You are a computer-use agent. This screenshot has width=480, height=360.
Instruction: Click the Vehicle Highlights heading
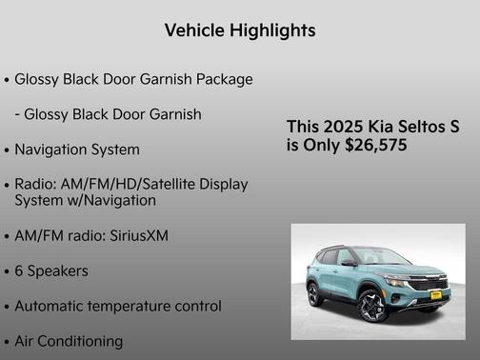click(239, 30)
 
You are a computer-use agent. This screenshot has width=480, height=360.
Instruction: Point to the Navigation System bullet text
click(77, 150)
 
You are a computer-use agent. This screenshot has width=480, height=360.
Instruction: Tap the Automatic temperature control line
click(118, 306)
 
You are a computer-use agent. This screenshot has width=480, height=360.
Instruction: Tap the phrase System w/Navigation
click(85, 201)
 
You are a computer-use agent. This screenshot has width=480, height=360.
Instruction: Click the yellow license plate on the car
click(434, 295)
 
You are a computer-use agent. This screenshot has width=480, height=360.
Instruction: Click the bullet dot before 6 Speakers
click(7, 271)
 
